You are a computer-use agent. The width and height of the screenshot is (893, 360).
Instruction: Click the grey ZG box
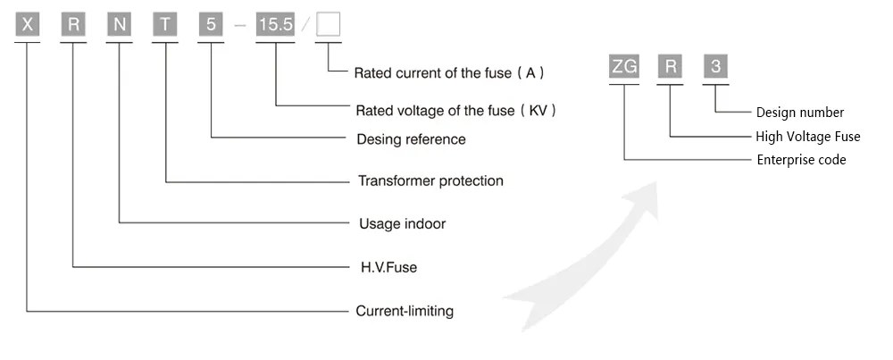pos(623,68)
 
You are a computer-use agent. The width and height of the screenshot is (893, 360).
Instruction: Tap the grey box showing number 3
pos(715,68)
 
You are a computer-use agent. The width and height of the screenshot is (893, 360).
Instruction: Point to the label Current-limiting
pos(405,312)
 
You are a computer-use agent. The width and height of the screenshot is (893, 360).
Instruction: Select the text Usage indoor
pos(401,223)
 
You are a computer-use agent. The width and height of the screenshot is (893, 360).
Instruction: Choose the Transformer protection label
pos(430,180)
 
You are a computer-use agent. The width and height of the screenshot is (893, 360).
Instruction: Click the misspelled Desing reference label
pos(410,139)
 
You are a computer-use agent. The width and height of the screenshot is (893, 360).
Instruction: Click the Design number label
pos(799,113)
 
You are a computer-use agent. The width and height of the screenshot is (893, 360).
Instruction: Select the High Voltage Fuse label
pos(808,137)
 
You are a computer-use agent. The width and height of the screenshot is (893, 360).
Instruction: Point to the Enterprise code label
pos(801,160)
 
